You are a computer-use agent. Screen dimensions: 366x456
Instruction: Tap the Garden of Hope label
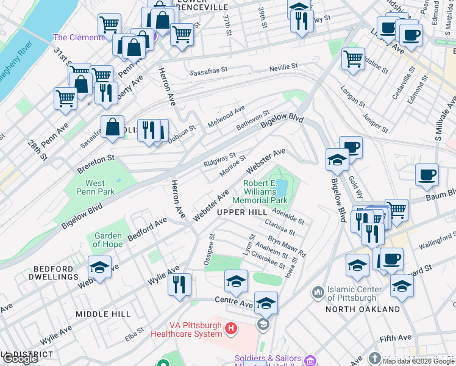[x=108, y=240]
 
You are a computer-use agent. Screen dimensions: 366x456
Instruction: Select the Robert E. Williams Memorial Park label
[x=265, y=192]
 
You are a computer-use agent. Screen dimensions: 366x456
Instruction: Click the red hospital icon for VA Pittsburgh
[x=230, y=330]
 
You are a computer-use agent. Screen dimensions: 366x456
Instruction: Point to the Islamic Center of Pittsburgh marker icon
[x=317, y=293]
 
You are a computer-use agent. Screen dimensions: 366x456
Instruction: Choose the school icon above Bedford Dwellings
[x=100, y=267]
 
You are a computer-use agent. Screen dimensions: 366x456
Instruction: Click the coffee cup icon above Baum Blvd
[x=427, y=174]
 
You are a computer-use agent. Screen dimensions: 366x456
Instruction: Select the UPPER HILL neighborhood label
[x=241, y=212]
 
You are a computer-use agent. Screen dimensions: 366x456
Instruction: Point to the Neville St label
[x=285, y=66]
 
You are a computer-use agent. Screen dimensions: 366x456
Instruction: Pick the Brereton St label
[x=96, y=158]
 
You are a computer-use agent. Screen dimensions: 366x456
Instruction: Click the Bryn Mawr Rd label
[x=287, y=243]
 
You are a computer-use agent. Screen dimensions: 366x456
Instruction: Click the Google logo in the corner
[x=20, y=359]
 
